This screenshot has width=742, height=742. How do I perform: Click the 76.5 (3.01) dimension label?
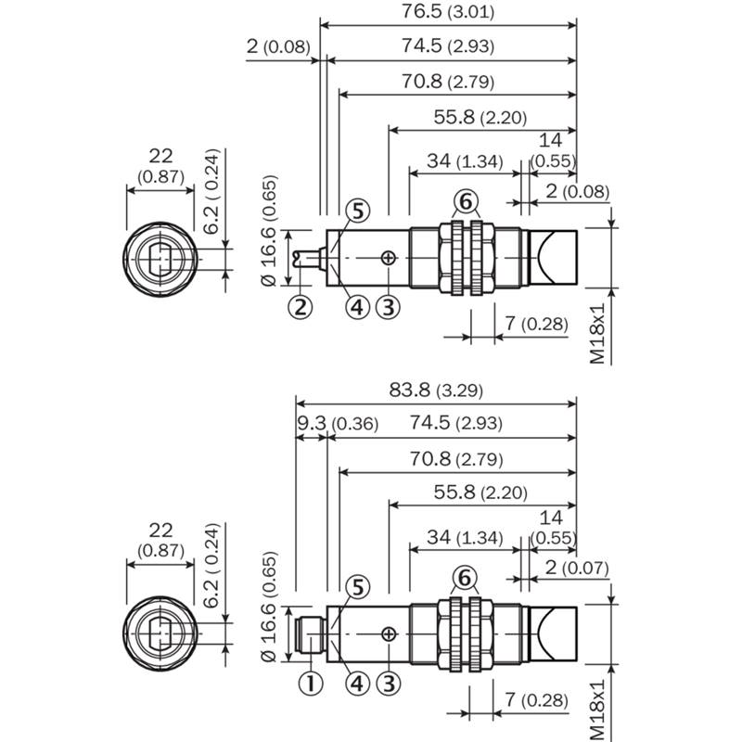point(448,11)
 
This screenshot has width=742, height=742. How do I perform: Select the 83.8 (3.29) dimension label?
point(436,390)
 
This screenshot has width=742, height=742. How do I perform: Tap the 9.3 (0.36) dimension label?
point(338,423)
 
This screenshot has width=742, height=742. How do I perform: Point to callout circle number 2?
point(301,307)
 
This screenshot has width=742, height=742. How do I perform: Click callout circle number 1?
point(311,684)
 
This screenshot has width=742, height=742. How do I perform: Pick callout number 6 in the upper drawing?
point(467,201)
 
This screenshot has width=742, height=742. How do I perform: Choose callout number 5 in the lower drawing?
point(358,587)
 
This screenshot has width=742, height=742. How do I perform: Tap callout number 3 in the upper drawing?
point(388,307)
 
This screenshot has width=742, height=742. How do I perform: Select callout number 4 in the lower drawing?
point(357,684)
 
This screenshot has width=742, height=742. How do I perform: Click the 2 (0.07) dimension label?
point(576,568)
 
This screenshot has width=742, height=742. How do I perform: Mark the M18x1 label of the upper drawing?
point(597,333)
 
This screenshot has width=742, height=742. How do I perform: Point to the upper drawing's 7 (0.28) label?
point(536,324)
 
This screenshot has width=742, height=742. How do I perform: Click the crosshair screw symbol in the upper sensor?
point(388,258)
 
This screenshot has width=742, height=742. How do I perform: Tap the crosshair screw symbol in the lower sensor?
point(388,634)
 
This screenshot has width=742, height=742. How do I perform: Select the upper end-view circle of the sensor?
point(160,223)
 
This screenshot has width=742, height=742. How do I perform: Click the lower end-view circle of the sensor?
point(160,597)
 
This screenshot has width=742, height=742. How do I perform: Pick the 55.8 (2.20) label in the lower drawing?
point(480,493)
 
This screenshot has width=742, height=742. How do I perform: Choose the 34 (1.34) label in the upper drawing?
point(465,161)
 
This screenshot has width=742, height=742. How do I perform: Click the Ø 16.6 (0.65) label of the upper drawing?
point(268,231)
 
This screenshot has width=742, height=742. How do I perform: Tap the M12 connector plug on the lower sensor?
point(310,634)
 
